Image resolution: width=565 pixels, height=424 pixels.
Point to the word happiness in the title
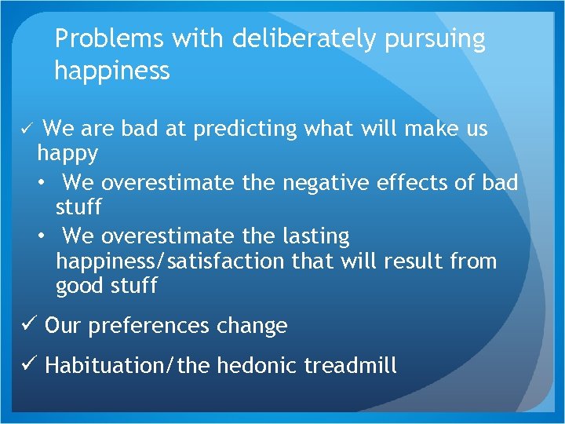point(111,71)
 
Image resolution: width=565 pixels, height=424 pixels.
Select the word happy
point(67,154)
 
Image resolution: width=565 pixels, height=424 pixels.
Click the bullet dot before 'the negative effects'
point(40,183)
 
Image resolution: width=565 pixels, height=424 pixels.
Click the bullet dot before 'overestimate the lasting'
point(40,236)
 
